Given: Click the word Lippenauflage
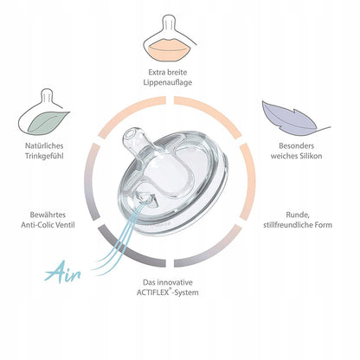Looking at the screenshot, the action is pyautogui.click(x=167, y=82).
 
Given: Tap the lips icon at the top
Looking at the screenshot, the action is pyautogui.click(x=167, y=50).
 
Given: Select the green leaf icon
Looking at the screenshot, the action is pyautogui.click(x=48, y=122).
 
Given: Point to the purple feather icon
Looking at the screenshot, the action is pyautogui.click(x=294, y=119).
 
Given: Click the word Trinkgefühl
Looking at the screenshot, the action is pyautogui.click(x=44, y=156).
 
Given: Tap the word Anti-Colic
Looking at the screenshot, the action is pyautogui.click(x=35, y=225).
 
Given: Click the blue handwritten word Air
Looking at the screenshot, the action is pyautogui.click(x=62, y=272).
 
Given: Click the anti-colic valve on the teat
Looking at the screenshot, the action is pyautogui.click(x=146, y=199).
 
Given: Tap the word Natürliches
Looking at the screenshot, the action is pyautogui.click(x=44, y=146).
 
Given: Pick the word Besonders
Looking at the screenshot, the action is pyautogui.click(x=296, y=146).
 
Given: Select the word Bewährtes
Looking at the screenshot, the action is pyautogui.click(x=48, y=215).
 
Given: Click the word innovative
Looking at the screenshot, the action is pyautogui.click(x=175, y=282).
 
